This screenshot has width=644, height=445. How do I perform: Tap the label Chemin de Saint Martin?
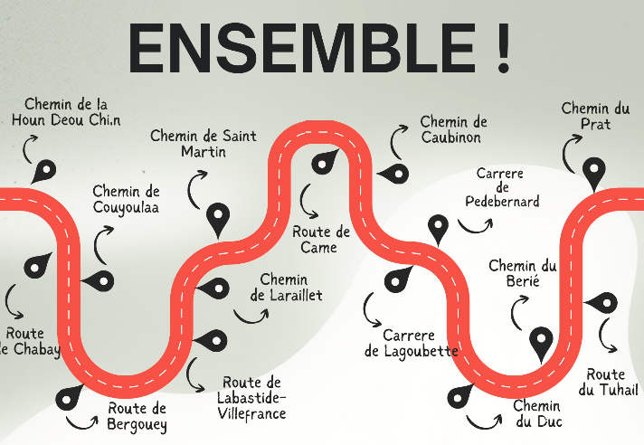(x=204, y=144)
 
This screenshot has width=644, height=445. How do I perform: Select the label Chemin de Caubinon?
(x=453, y=129)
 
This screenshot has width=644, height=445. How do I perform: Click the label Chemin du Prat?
(x=594, y=116)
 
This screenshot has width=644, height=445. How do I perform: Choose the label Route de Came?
(x=321, y=240)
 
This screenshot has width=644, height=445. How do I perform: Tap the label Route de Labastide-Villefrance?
(x=251, y=398)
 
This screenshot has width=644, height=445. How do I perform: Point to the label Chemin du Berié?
(x=523, y=273)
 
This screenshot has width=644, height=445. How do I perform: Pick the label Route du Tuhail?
(x=608, y=382)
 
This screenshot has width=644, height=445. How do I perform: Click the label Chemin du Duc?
(x=536, y=413)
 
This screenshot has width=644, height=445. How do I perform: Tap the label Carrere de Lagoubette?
(x=412, y=343)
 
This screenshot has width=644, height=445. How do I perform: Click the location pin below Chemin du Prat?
(x=593, y=172)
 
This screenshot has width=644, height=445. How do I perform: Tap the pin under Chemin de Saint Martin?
(x=217, y=218)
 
